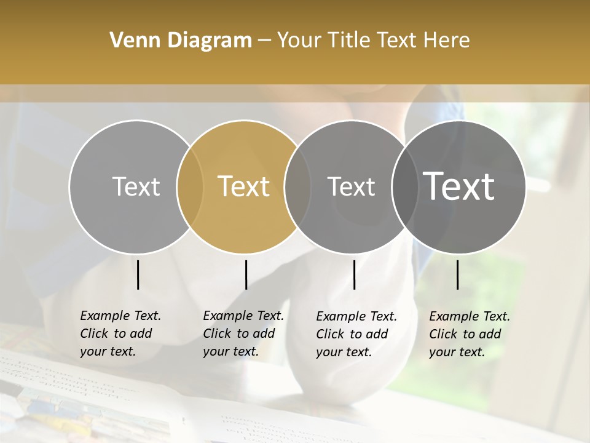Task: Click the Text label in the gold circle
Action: tap(243, 186)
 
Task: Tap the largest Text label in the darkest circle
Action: tap(459, 186)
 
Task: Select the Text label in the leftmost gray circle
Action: tap(136, 186)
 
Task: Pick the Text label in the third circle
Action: tap(351, 186)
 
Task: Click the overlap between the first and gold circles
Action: tap(190, 186)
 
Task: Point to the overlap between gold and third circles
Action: tap(297, 186)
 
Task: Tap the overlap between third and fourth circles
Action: tap(404, 186)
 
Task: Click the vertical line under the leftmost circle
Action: tap(138, 274)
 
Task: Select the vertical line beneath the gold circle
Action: tap(246, 274)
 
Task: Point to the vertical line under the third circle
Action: tap(354, 274)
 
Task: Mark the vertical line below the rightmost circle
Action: tap(457, 274)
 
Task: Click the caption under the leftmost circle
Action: tap(120, 333)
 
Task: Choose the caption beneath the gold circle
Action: tap(243, 333)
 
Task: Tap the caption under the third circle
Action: tap(356, 334)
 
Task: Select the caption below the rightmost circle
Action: tap(470, 334)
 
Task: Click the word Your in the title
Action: tap(299, 41)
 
